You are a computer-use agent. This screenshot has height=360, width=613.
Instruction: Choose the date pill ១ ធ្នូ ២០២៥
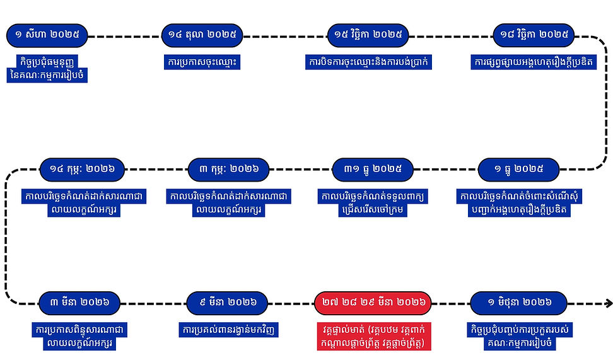pos(519,169)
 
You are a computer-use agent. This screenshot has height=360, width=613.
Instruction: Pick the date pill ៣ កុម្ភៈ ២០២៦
pos(229,169)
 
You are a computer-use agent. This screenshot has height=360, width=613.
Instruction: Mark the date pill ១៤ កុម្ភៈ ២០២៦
pos(82,169)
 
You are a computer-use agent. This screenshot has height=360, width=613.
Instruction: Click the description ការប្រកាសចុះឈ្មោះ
pos(202,62)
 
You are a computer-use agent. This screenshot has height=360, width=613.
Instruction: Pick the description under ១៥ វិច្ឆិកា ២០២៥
pos(368,62)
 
